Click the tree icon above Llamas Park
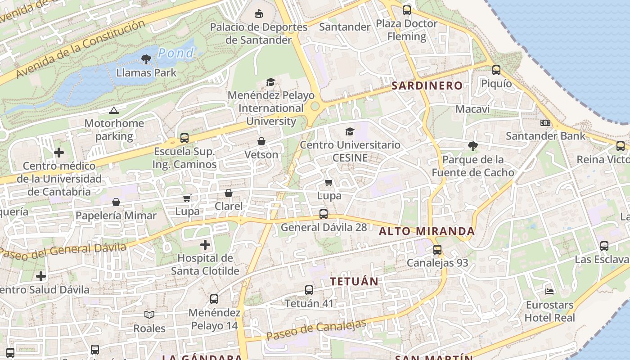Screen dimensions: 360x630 [146, 59]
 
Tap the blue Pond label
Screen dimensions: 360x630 [175, 53]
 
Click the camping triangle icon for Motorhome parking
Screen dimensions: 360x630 [114, 110]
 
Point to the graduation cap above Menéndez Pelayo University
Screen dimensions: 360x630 [270, 82]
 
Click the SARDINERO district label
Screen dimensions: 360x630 [427, 85]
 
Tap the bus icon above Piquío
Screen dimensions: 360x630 [496, 70]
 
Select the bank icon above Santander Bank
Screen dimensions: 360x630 [545, 123]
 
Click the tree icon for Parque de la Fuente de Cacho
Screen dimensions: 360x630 [472, 146]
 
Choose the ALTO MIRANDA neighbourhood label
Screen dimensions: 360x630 [427, 231]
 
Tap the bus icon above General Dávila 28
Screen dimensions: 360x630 [324, 214]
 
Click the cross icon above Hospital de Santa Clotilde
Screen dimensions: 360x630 [205, 245]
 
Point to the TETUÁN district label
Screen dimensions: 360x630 [354, 281]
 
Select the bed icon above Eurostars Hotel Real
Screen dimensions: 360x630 [549, 292]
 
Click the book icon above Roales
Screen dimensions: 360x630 [149, 315]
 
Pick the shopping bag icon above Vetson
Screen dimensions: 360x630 [261, 142]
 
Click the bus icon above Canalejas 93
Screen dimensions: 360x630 [437, 250]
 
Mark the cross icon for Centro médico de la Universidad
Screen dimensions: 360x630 [59, 153]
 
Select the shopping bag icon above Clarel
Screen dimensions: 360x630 [229, 193]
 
